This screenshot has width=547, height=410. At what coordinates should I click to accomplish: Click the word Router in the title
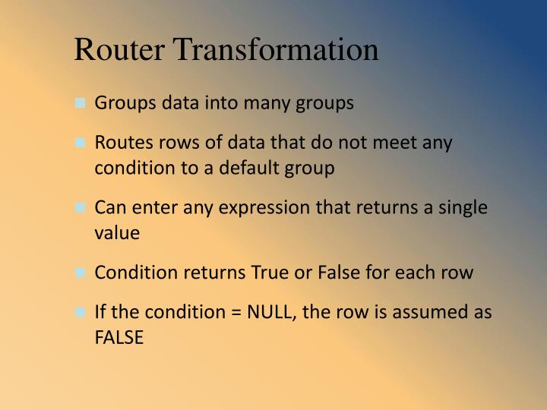122,49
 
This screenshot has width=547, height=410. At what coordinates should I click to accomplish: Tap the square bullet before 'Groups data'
81,104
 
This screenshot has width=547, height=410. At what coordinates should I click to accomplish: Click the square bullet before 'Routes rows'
81,144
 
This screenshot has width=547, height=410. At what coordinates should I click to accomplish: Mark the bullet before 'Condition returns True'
81,273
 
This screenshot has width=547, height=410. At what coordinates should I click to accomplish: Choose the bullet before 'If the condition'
81,314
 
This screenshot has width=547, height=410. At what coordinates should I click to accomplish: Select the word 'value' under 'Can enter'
117,233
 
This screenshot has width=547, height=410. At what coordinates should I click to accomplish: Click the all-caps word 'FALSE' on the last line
119,337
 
